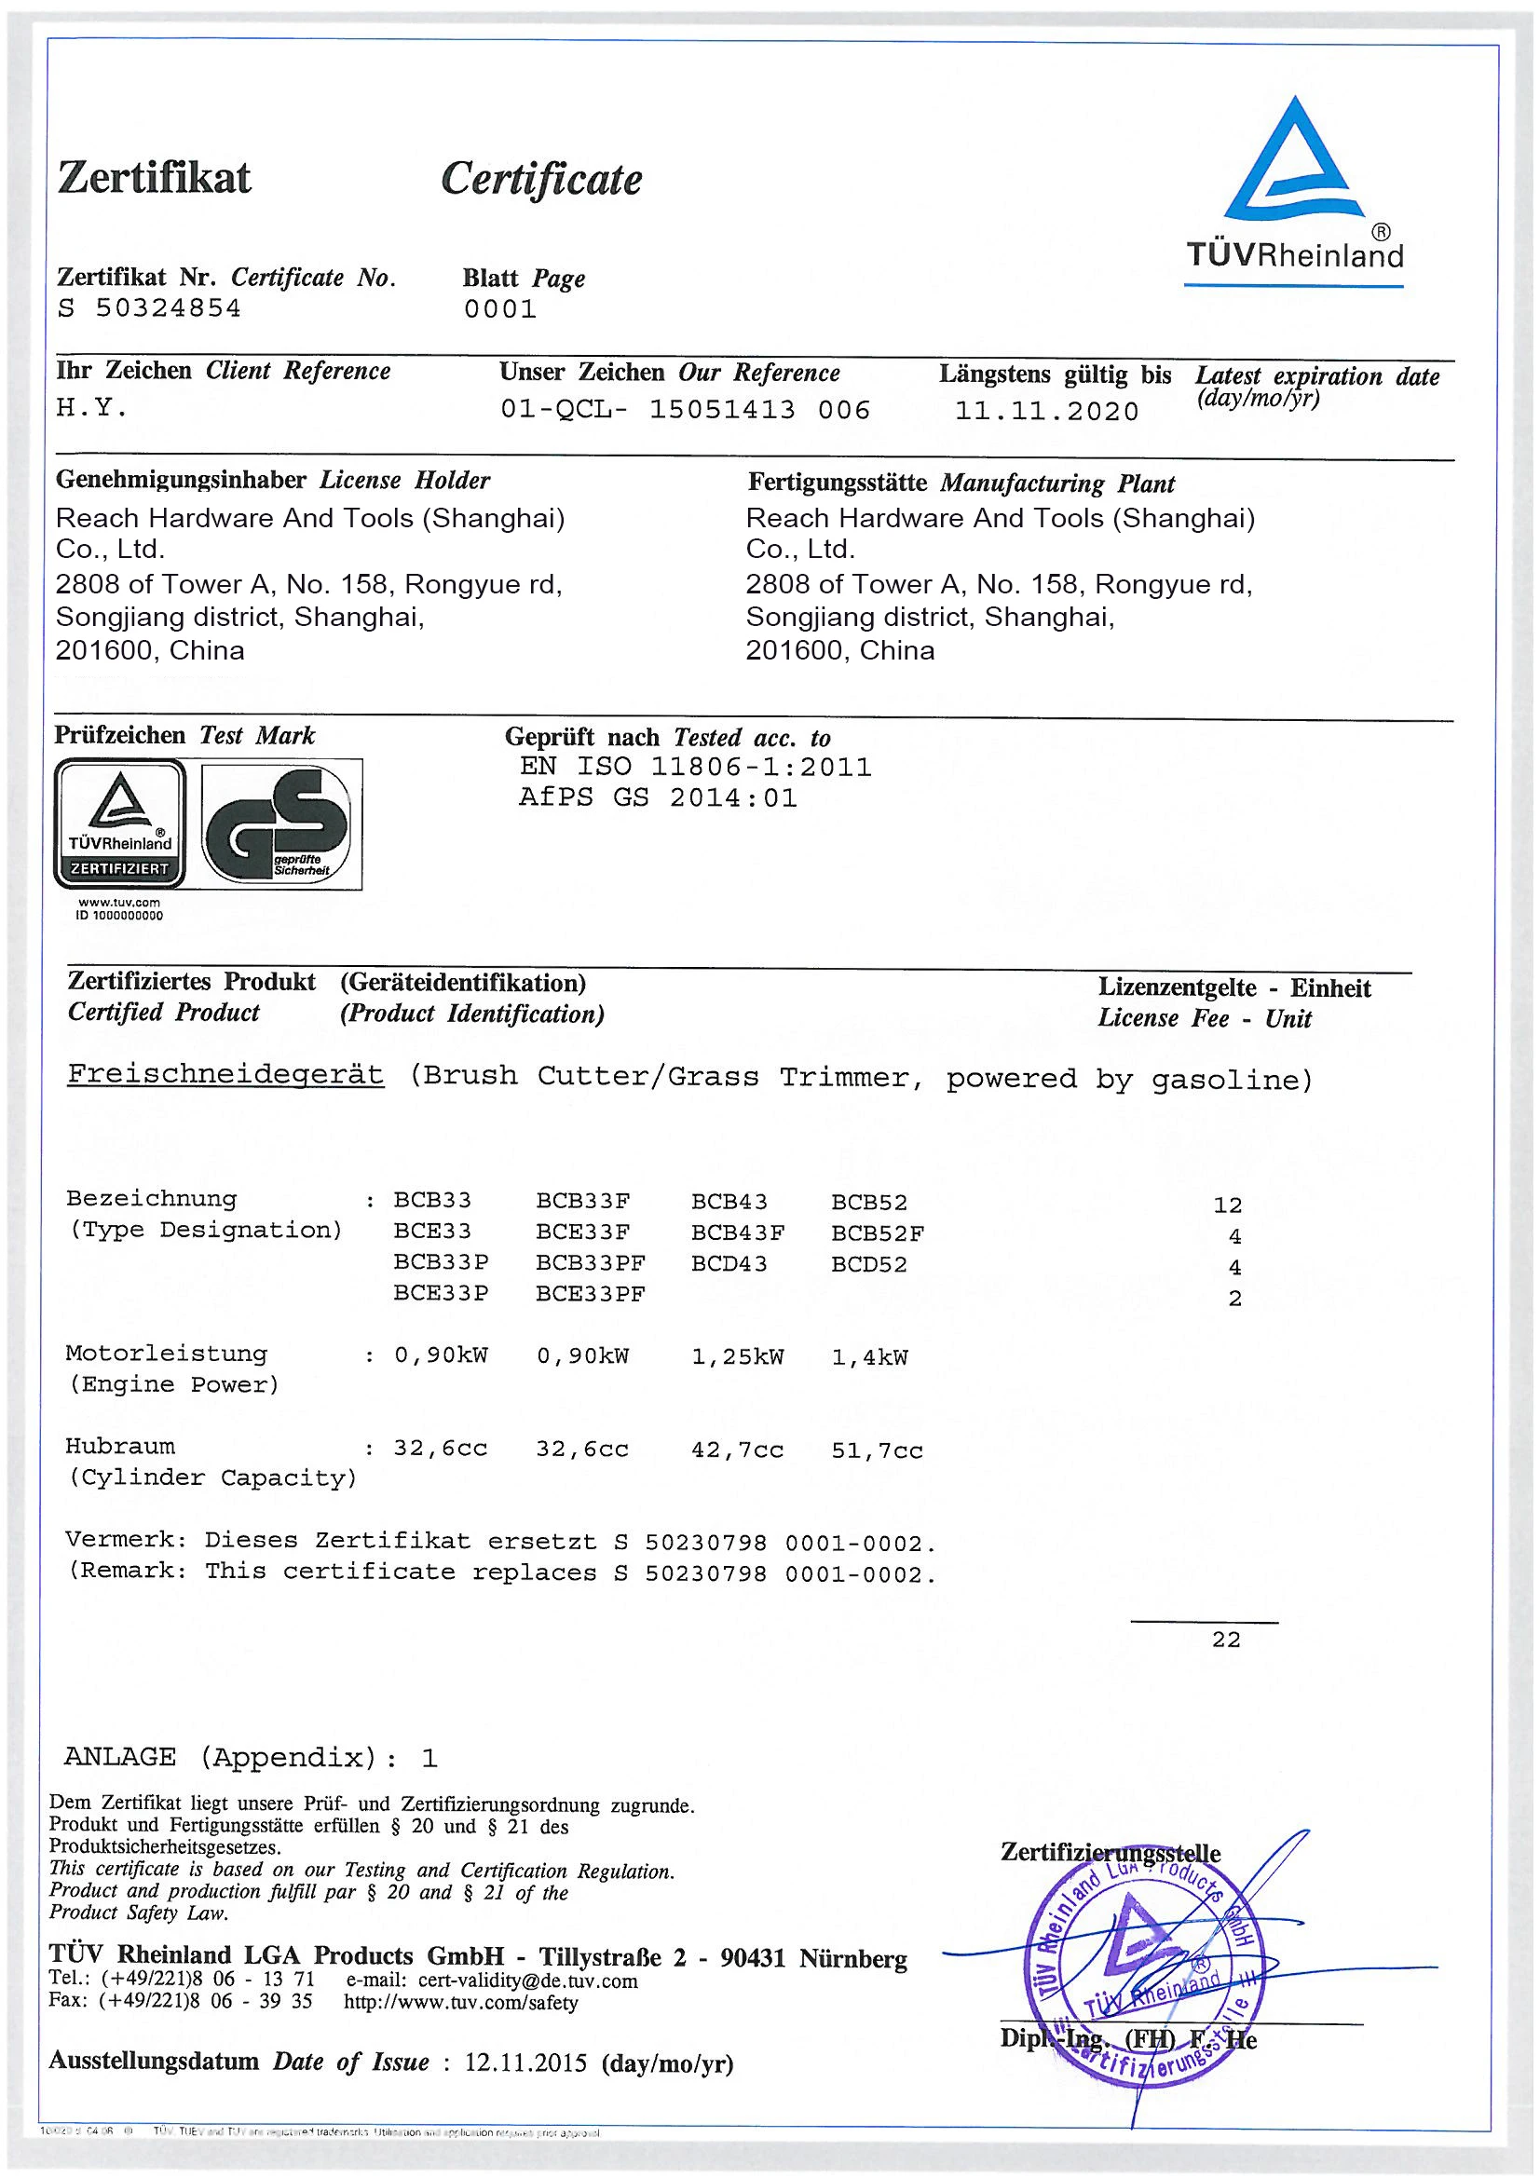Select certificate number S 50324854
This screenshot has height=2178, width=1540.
149,309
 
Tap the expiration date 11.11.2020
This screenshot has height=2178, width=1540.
1045,412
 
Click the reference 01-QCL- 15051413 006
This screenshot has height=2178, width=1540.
684,410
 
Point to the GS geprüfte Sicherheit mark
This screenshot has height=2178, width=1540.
280,824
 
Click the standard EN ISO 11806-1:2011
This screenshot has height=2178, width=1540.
695,767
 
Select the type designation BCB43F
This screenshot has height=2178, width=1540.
737,1233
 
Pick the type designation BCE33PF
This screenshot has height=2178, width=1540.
590,1294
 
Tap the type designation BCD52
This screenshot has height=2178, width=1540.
868,1264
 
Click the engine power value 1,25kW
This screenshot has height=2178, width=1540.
737,1356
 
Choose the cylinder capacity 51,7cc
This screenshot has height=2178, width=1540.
877,1450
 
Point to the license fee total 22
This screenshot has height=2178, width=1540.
1225,1640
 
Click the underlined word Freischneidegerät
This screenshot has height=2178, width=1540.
225,1075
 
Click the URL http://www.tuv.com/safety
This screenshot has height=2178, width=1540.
460,2003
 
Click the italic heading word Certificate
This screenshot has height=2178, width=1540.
541,178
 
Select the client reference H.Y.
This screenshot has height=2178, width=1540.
91,408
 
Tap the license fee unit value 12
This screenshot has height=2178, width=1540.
1227,1205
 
